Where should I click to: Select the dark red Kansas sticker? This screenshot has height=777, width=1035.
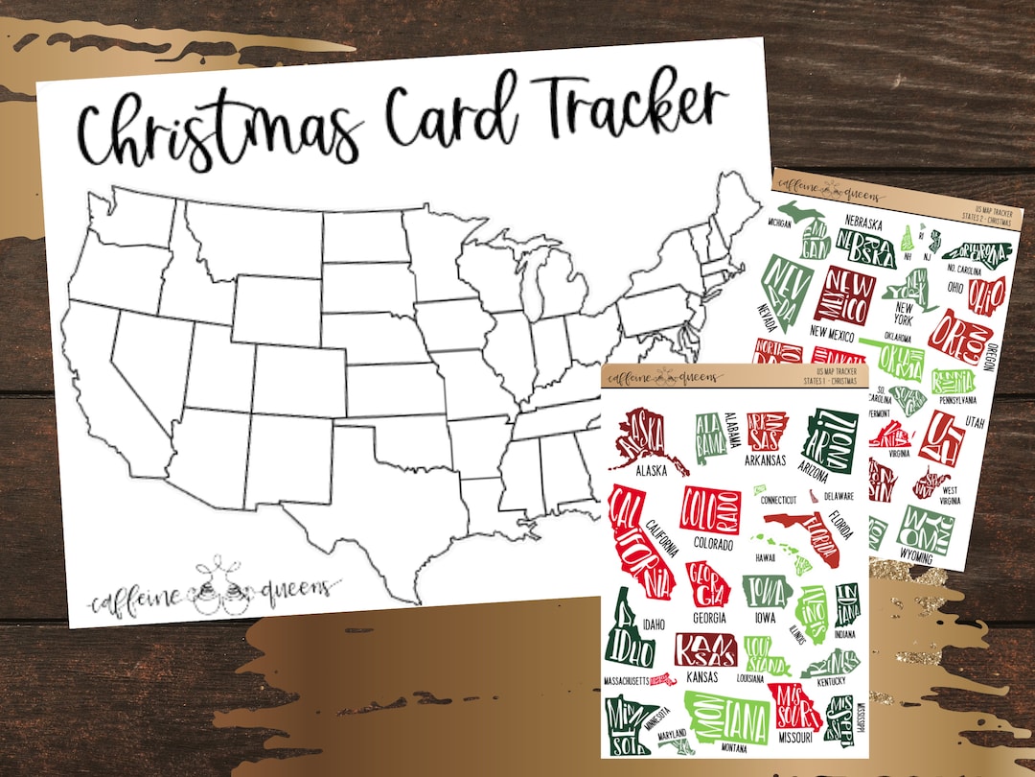point(704,649)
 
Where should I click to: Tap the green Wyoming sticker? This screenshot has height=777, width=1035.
point(925,527)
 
